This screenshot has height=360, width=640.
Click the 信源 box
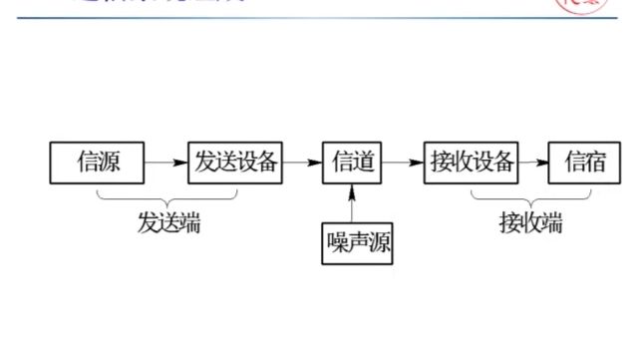point(97,162)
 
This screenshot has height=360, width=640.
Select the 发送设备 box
point(235,162)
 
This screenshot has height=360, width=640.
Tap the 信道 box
point(353,162)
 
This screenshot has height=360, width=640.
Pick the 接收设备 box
point(472,162)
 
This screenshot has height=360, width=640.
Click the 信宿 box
point(584,162)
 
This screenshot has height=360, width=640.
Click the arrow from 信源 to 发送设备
point(165,162)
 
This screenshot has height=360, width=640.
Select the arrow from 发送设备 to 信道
point(302,162)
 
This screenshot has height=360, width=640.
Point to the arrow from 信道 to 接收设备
point(403,162)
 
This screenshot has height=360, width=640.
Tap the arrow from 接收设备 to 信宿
point(534,162)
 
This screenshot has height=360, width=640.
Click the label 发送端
point(168,223)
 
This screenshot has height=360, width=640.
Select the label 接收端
point(530,223)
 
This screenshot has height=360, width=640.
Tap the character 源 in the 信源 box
point(109,162)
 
